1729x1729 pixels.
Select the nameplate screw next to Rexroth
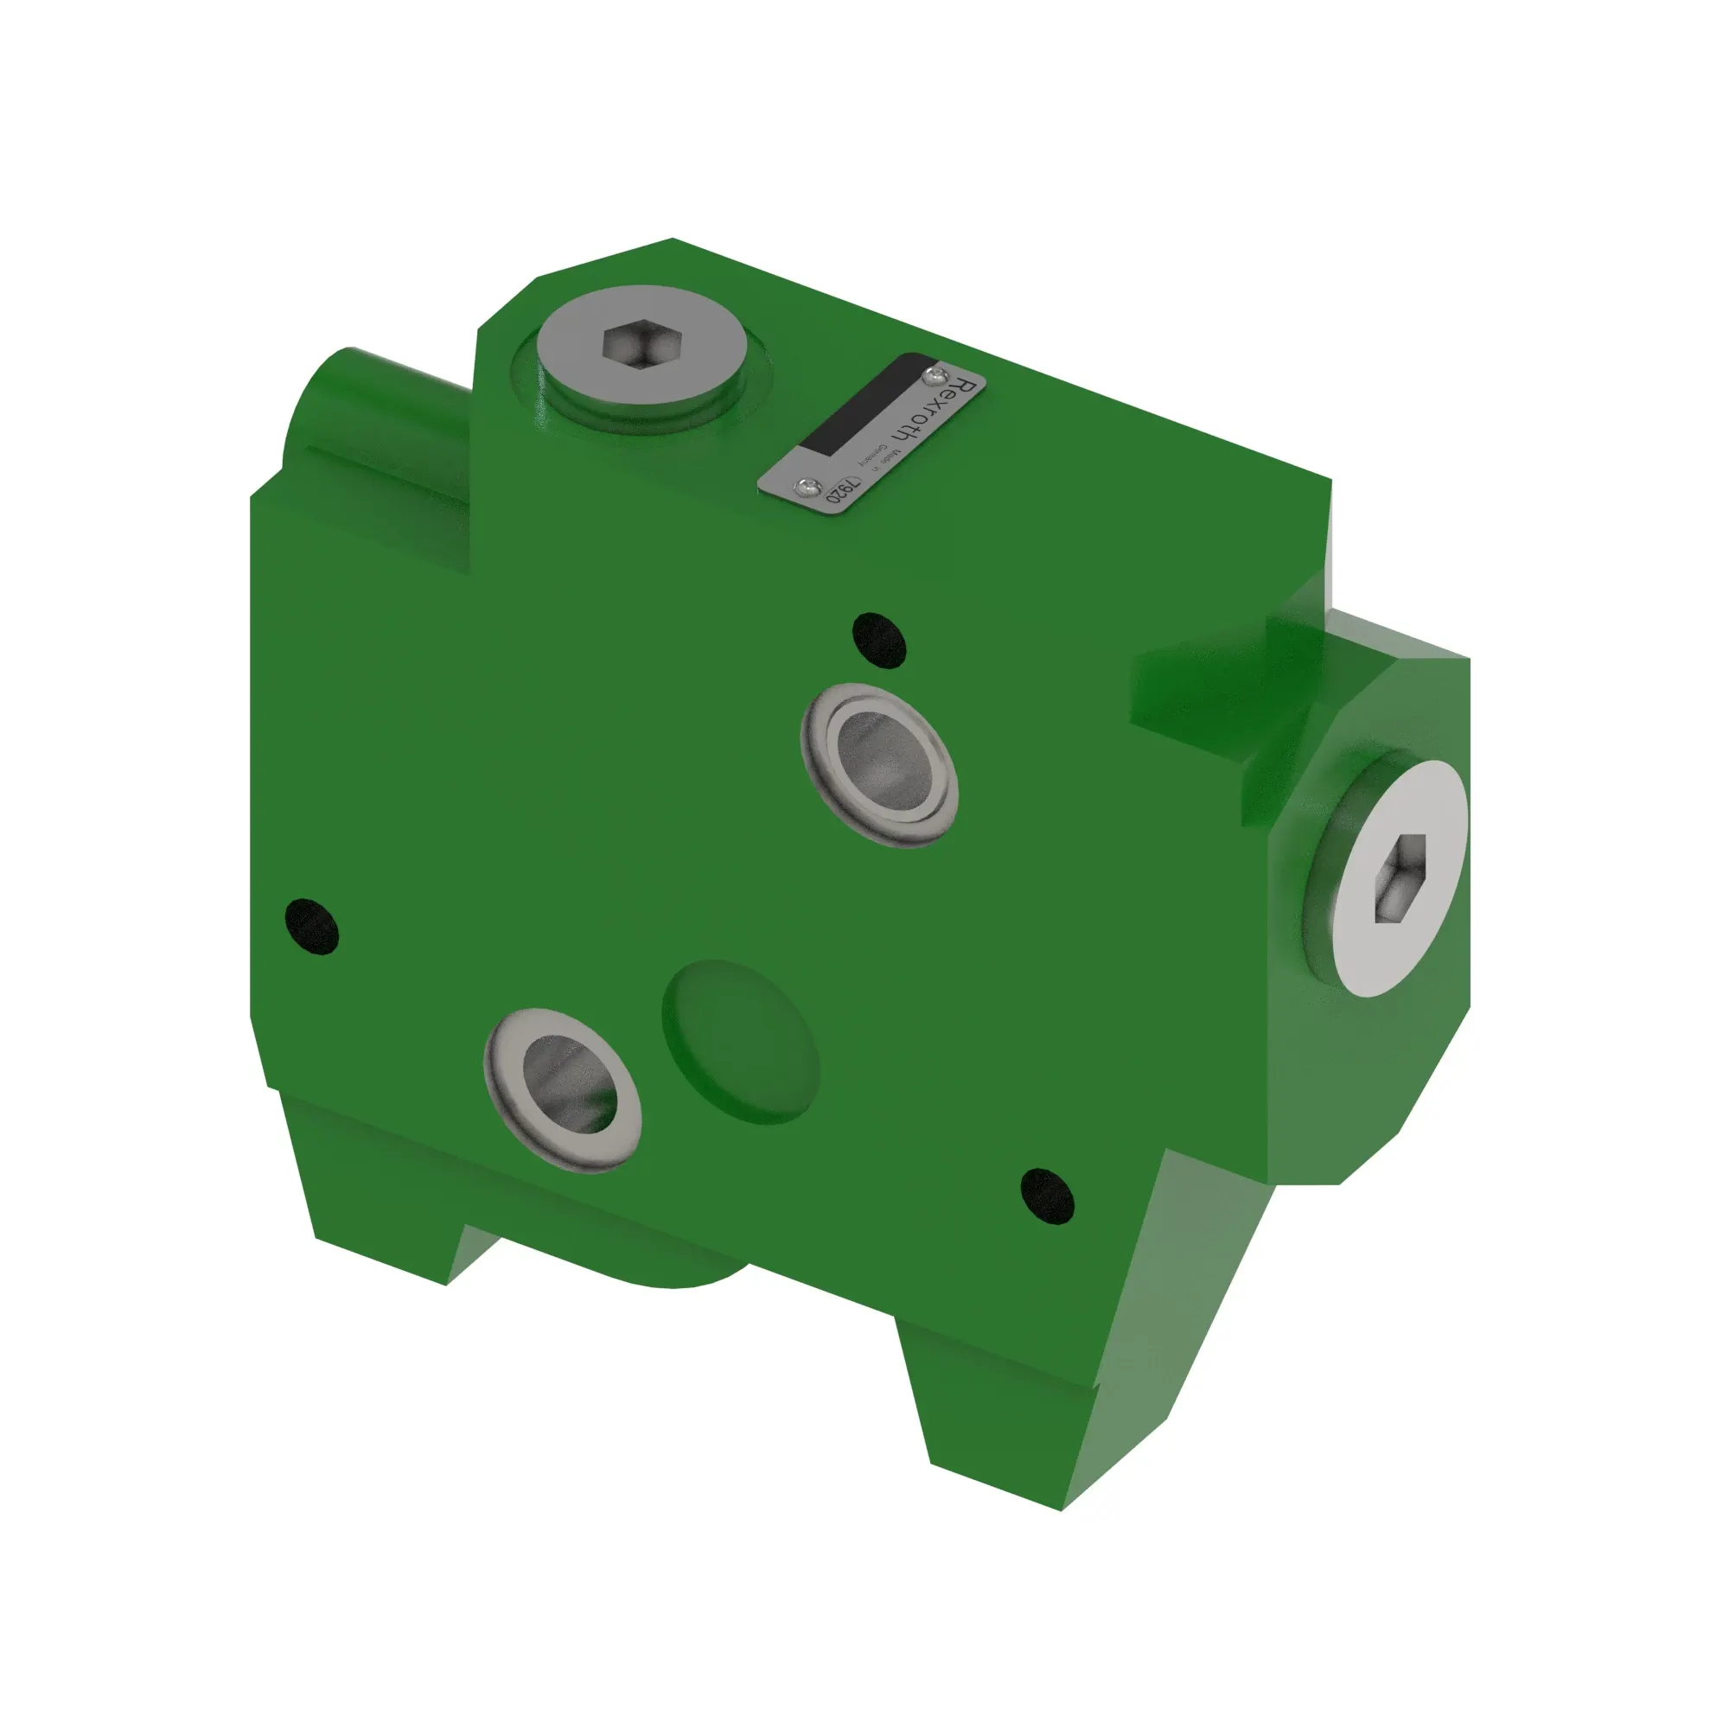click(936, 374)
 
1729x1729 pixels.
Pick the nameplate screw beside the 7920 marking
click(807, 486)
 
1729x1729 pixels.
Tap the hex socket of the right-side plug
click(1399, 877)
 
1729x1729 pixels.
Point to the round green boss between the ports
click(739, 1041)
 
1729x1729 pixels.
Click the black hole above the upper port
click(879, 640)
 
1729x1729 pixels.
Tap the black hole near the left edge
click(311, 926)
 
